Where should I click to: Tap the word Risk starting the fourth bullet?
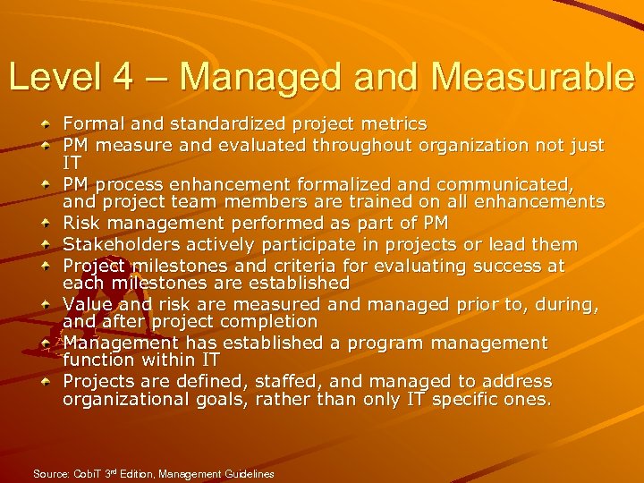point(81,223)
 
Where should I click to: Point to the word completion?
point(273,321)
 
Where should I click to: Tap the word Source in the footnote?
point(49,473)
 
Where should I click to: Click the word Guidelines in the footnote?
point(249,473)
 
